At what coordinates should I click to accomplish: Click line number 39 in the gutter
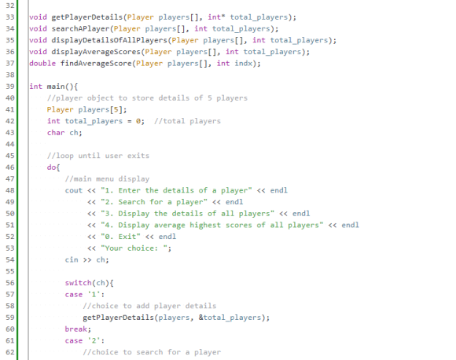tap(10, 86)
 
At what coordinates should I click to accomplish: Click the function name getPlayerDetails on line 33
tap(87, 17)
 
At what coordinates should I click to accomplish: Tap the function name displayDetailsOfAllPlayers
tap(109, 40)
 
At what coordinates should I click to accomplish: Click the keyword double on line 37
tap(42, 63)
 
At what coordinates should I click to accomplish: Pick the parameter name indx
tap(244, 63)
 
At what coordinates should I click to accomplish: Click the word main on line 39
tap(56, 86)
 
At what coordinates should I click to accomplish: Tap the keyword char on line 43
tap(56, 133)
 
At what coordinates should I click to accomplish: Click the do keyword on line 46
tap(51, 167)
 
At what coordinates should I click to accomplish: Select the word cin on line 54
tap(72, 259)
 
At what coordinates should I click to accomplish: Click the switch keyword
tap(79, 283)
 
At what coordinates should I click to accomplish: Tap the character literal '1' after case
tap(94, 294)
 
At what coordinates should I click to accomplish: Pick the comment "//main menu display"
tap(107, 179)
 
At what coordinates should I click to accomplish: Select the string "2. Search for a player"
tap(154, 202)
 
